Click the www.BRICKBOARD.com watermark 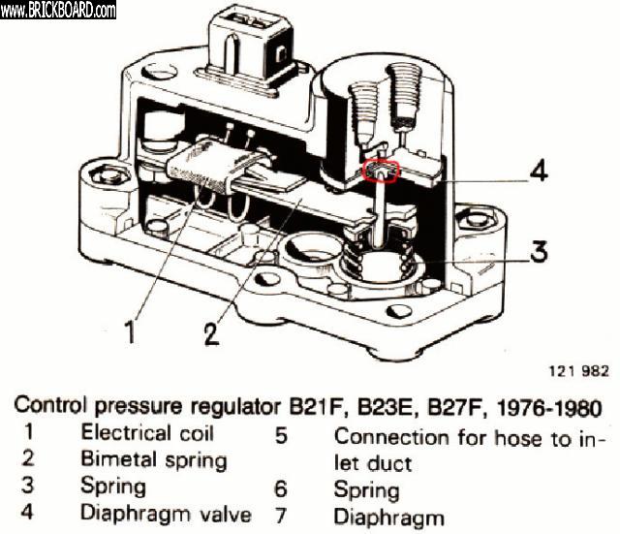(x=58, y=10)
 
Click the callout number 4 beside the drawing (x=539, y=171)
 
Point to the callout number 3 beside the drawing (x=539, y=251)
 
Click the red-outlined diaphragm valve (x=381, y=172)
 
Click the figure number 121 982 (x=579, y=371)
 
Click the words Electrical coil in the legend (x=147, y=433)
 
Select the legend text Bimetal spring (x=153, y=460)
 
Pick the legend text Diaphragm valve (x=166, y=513)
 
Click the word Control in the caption (x=50, y=405)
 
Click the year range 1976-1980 (x=549, y=408)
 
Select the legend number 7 (x=281, y=516)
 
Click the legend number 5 (x=281, y=435)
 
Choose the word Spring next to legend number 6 (x=366, y=491)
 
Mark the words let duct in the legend (x=372, y=463)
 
